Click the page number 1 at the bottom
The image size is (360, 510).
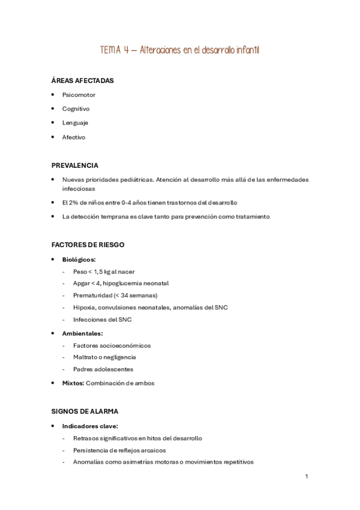[x=307, y=476]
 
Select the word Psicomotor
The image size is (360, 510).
[x=79, y=95]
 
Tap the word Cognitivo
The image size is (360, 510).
[x=76, y=109]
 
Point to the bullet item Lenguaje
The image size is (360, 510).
[x=75, y=123]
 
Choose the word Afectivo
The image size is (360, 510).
[x=74, y=137]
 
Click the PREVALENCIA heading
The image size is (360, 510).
[x=75, y=165]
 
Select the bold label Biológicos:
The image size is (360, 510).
[x=79, y=259]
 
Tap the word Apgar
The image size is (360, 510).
[x=82, y=283]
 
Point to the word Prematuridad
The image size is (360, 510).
[x=92, y=295]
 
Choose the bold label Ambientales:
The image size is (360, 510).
[x=82, y=333]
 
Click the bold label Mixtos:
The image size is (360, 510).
[x=73, y=383]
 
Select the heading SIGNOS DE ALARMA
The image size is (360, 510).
[x=85, y=411]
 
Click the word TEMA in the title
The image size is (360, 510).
[x=110, y=51]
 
